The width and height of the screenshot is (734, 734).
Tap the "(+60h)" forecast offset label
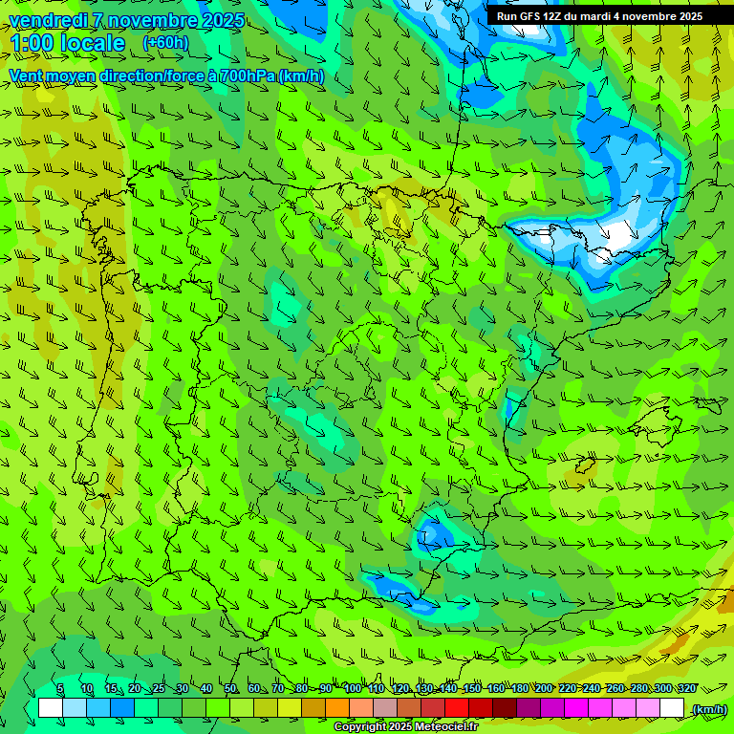(165, 43)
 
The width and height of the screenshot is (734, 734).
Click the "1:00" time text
(35, 44)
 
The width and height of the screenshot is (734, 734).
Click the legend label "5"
(60, 689)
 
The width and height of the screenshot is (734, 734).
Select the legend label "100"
(353, 689)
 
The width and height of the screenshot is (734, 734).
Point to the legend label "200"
(544, 689)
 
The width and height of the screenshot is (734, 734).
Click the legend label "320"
(687, 689)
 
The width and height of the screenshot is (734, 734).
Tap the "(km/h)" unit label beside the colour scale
(708, 709)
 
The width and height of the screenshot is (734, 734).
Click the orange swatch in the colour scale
(337, 708)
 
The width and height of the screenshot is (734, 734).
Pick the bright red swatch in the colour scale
(457, 708)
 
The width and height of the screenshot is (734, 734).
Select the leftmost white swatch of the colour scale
(51, 708)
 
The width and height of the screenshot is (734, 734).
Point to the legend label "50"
(230, 689)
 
